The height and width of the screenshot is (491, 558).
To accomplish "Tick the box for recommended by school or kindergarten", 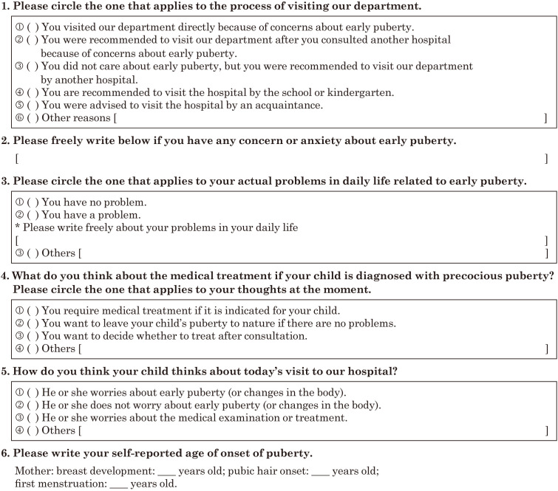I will pyautogui.click(x=33, y=92).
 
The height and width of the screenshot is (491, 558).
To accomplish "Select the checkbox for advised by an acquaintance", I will pyautogui.click(x=33, y=105).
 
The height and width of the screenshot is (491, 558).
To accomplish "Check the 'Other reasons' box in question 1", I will pyautogui.click(x=33, y=117).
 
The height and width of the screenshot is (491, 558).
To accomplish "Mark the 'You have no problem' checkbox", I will pyautogui.click(x=33, y=202).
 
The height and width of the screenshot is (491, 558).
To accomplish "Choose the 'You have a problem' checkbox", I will pyautogui.click(x=33, y=214).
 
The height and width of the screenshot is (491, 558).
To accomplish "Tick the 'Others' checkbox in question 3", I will pyautogui.click(x=33, y=253).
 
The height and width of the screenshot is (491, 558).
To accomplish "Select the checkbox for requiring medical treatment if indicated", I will pyautogui.click(x=33, y=311).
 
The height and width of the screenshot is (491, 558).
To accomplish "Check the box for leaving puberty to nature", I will pyautogui.click(x=33, y=323).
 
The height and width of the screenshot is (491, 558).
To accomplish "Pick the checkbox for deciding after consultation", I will pyautogui.click(x=33, y=336).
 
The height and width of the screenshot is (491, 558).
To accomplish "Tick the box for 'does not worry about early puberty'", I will pyautogui.click(x=33, y=405).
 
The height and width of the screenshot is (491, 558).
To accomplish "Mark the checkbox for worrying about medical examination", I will pyautogui.click(x=33, y=417).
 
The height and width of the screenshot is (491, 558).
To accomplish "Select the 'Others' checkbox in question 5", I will pyautogui.click(x=33, y=430).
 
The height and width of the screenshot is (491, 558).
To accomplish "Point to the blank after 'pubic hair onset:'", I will pyautogui.click(x=319, y=471).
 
